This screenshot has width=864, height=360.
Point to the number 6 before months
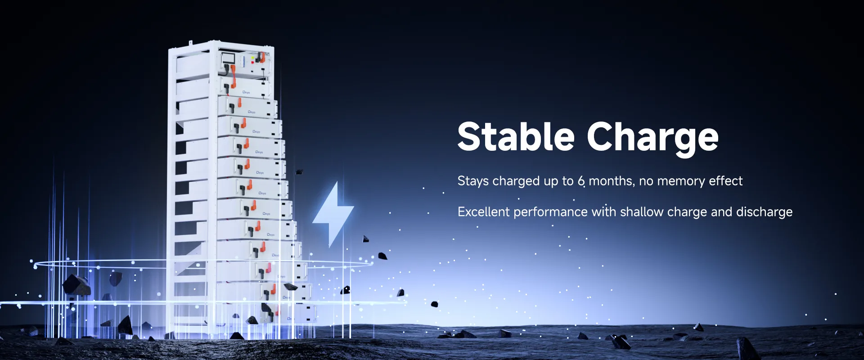(x=581, y=181)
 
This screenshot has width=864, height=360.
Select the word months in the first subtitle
(x=612, y=181)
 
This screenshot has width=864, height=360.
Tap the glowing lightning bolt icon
(x=333, y=214)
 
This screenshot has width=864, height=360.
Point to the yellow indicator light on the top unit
(x=252, y=58)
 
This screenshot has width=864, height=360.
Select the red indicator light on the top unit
(x=252, y=63)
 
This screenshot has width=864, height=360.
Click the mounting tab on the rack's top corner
(x=190, y=43)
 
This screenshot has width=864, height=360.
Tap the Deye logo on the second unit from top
(x=246, y=92)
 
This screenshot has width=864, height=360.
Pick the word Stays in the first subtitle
(x=473, y=181)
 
